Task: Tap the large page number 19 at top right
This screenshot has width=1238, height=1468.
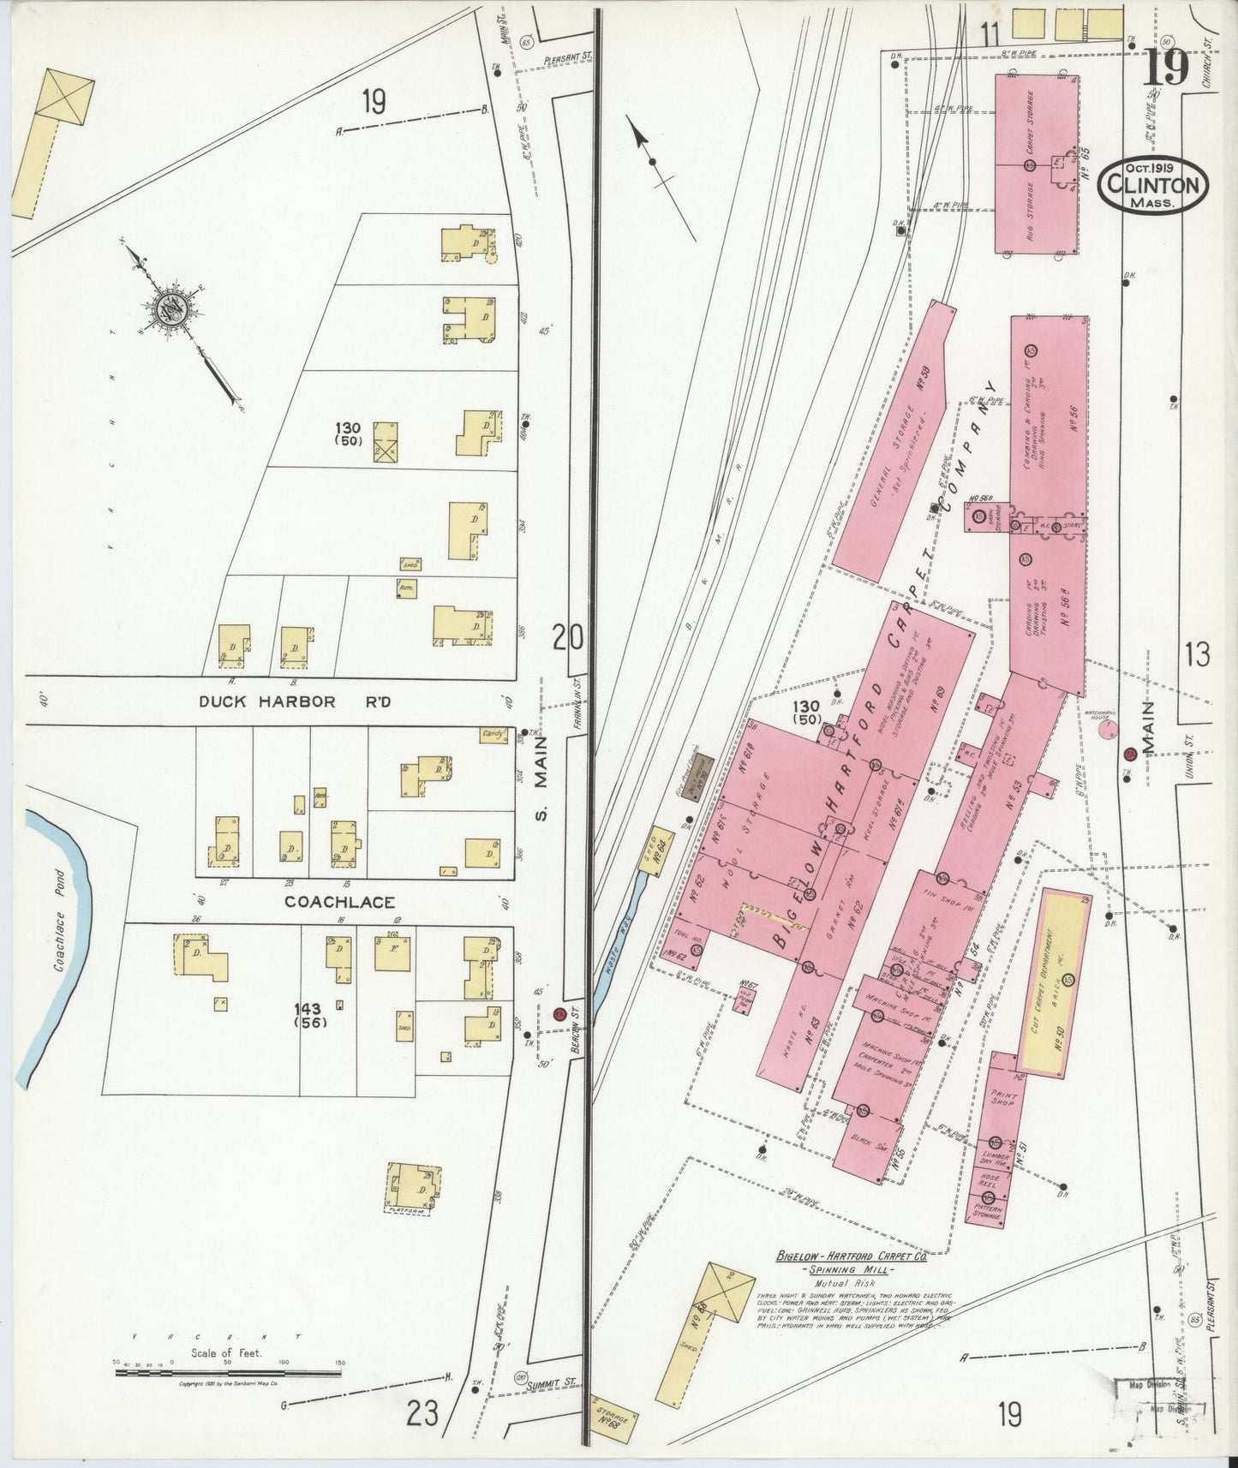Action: click(x=1165, y=69)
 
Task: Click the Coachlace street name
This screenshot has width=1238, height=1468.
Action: click(x=339, y=902)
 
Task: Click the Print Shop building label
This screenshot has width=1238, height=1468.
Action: click(x=1002, y=1099)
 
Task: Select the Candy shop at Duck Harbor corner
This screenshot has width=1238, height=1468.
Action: click(x=493, y=735)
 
